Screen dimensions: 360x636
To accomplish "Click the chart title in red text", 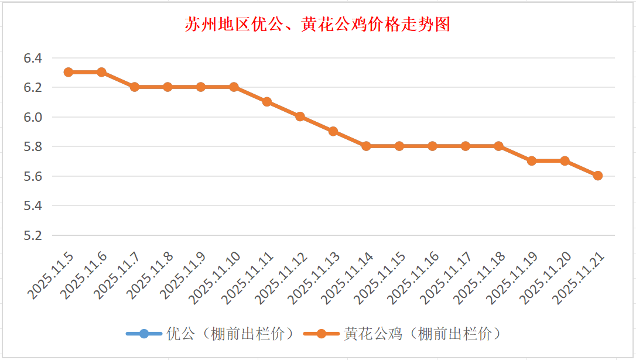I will (317, 25).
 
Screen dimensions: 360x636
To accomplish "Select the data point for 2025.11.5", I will (69, 72).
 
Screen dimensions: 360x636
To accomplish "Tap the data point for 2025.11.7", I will (135, 87).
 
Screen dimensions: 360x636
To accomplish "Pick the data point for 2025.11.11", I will (267, 101).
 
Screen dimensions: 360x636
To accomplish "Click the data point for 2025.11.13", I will (333, 131).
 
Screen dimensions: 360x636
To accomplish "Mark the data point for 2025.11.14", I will (366, 146).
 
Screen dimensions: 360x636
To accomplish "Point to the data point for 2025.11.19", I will (532, 160).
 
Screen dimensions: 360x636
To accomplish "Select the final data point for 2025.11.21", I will (598, 176).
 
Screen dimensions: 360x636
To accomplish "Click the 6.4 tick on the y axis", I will (33, 58).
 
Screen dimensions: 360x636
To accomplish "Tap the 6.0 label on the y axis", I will (33, 117).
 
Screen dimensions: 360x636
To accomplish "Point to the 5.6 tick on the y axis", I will (33, 176).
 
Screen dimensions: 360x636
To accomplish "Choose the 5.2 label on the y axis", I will (33, 235).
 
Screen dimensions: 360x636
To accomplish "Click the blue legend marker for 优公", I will (144, 334).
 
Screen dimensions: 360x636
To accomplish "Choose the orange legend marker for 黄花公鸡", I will (322, 334).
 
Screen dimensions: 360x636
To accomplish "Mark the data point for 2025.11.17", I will (466, 146).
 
